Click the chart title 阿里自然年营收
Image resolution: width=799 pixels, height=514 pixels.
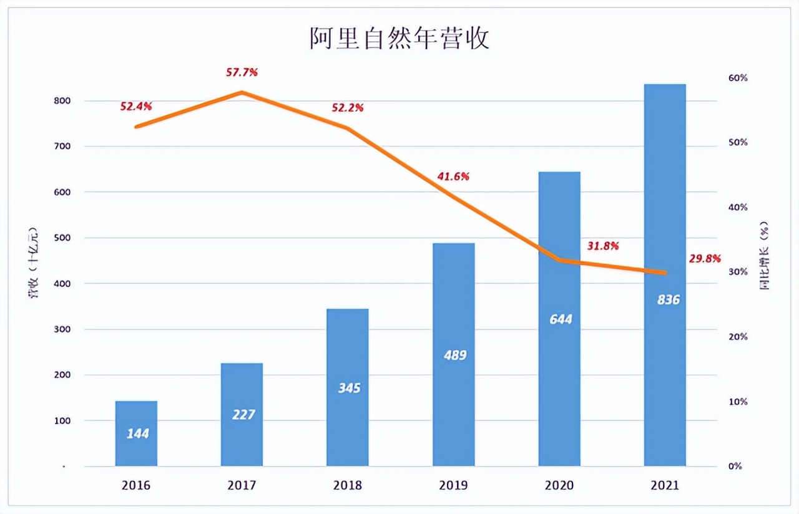click(x=399, y=39)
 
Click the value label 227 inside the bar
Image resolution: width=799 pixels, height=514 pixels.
click(x=243, y=414)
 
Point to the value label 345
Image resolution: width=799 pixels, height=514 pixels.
click(x=348, y=388)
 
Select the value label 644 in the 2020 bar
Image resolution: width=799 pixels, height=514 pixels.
click(x=560, y=319)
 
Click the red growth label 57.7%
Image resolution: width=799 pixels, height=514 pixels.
click(x=242, y=72)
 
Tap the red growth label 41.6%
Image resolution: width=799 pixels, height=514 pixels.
click(x=453, y=177)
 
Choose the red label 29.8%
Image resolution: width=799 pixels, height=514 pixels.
click(x=705, y=258)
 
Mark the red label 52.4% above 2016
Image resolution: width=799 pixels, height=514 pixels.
click(x=136, y=107)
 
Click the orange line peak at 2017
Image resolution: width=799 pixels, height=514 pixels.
click(x=242, y=92)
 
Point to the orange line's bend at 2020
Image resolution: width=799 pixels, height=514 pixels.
click(x=560, y=260)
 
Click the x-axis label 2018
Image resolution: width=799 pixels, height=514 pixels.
click(x=348, y=485)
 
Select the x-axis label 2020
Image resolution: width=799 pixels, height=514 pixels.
click(x=560, y=485)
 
